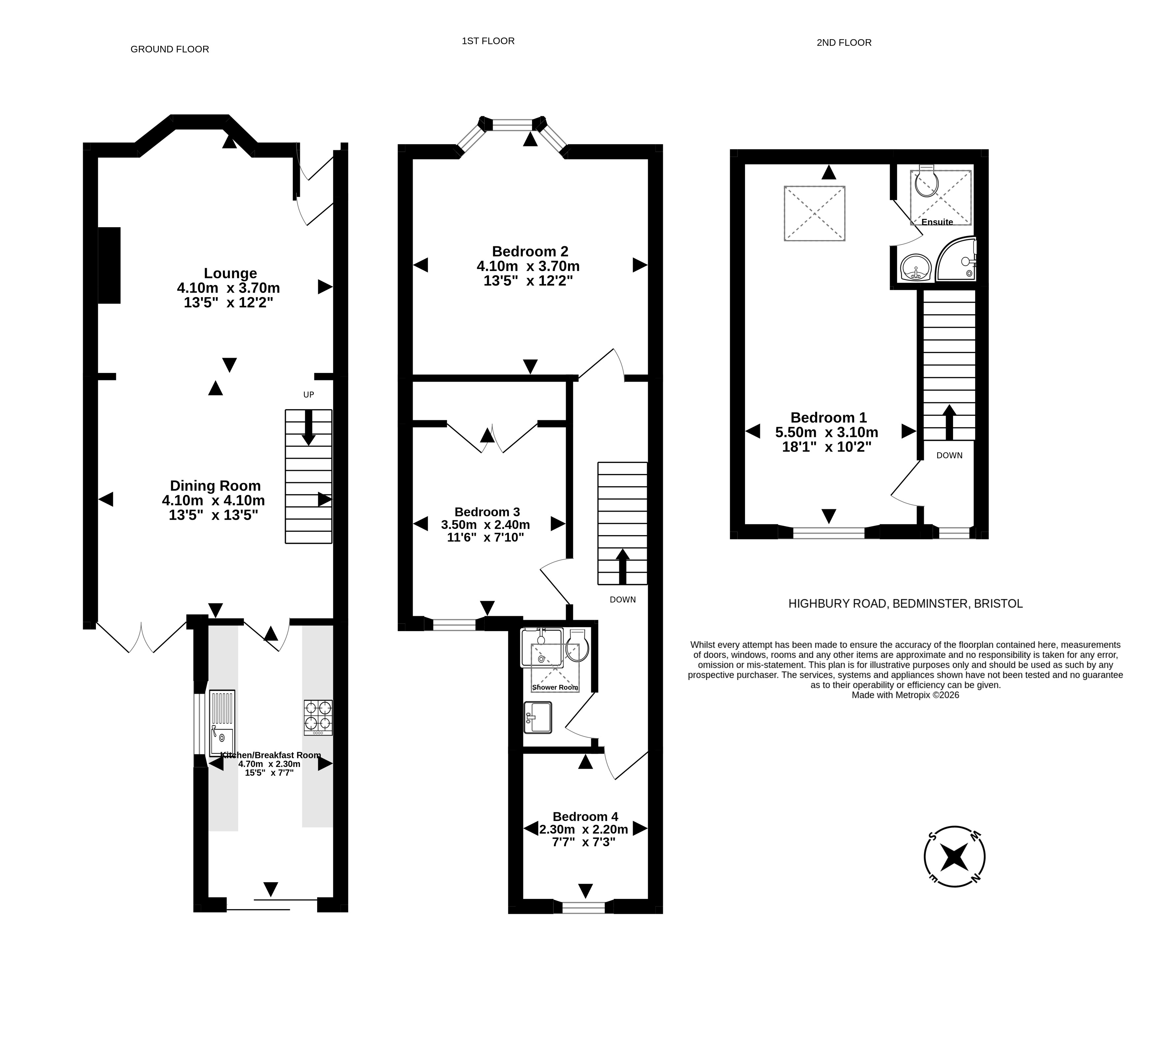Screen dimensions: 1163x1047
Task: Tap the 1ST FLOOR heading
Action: coord(488,41)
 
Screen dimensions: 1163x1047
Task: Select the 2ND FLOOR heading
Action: coord(844,43)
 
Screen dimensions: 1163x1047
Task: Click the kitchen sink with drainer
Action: coord(222,723)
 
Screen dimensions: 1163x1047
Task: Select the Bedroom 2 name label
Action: coord(530,251)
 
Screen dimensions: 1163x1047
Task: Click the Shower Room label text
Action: coord(554,688)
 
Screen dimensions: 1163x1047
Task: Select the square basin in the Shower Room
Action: coord(538,717)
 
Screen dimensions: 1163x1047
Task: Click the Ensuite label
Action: coord(937,222)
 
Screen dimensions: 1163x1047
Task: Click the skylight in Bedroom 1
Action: coord(815,213)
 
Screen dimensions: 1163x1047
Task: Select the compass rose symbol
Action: coord(954,857)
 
